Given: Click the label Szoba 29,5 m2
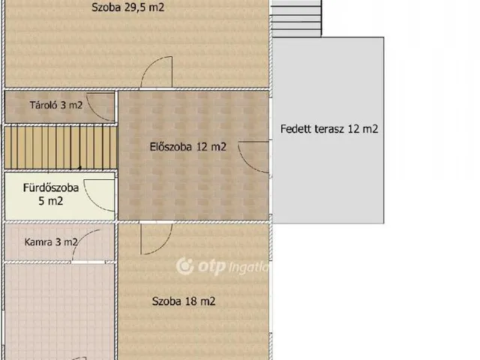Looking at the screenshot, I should [x=127, y=8].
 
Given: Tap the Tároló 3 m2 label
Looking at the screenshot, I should [x=56, y=106].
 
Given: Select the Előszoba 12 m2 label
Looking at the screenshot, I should [x=188, y=147].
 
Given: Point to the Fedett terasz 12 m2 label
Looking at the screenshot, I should [x=329, y=129].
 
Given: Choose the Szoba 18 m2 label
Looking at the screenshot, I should [x=184, y=302].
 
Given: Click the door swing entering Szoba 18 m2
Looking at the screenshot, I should [x=156, y=238].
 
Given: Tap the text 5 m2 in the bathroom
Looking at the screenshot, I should [x=50, y=202].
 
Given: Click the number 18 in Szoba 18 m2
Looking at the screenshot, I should [x=190, y=302].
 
